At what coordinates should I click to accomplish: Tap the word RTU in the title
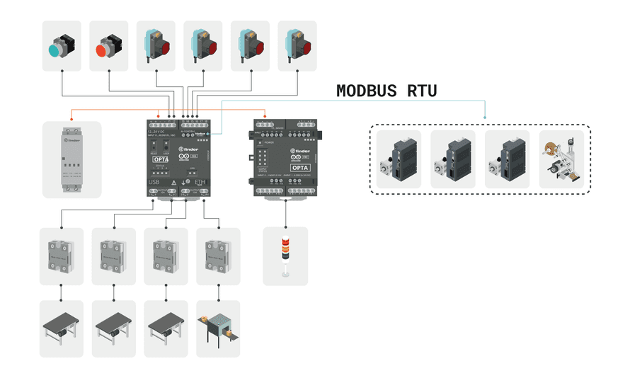point(422,91)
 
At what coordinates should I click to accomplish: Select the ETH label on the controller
point(201,182)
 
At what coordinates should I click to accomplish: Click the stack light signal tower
point(285,256)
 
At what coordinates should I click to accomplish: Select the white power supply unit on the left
point(71,159)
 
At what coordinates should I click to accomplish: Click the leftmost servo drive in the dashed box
point(399,159)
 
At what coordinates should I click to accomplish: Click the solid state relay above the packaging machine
point(217,256)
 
